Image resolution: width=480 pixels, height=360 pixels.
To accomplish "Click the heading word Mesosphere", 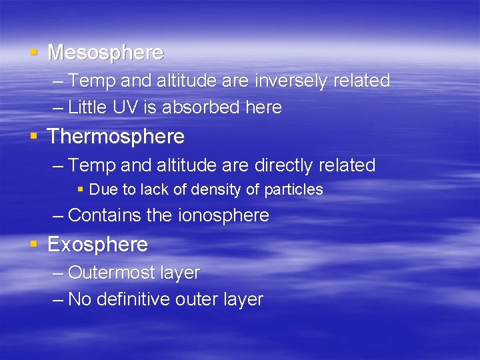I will tap(105, 52).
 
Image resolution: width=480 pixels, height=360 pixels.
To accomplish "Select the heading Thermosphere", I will tap(116, 137).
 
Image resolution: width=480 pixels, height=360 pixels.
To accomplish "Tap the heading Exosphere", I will tap(97, 245).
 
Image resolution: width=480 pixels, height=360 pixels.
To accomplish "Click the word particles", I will tap(293, 190).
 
